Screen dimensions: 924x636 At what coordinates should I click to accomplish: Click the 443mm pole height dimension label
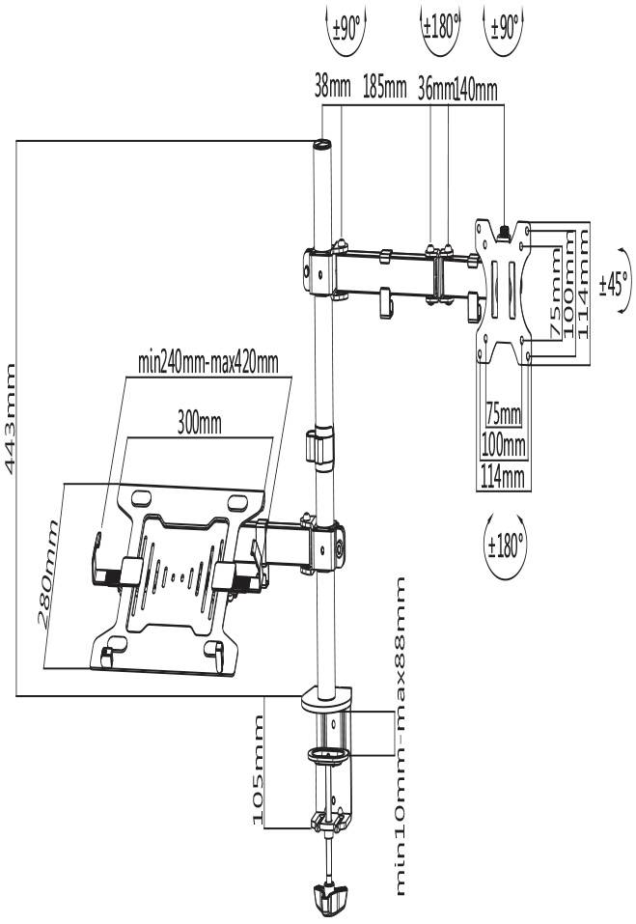tap(11, 418)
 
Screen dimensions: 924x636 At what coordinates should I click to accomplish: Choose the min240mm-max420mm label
tap(207, 363)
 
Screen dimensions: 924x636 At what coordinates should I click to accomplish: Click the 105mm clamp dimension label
tap(257, 770)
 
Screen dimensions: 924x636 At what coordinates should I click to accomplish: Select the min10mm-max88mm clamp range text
tap(401, 737)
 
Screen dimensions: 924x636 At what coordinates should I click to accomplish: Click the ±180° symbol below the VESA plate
tap(505, 545)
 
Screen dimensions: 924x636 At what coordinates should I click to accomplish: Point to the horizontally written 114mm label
tap(502, 476)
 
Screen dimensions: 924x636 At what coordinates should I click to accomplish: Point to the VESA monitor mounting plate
tap(503, 290)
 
